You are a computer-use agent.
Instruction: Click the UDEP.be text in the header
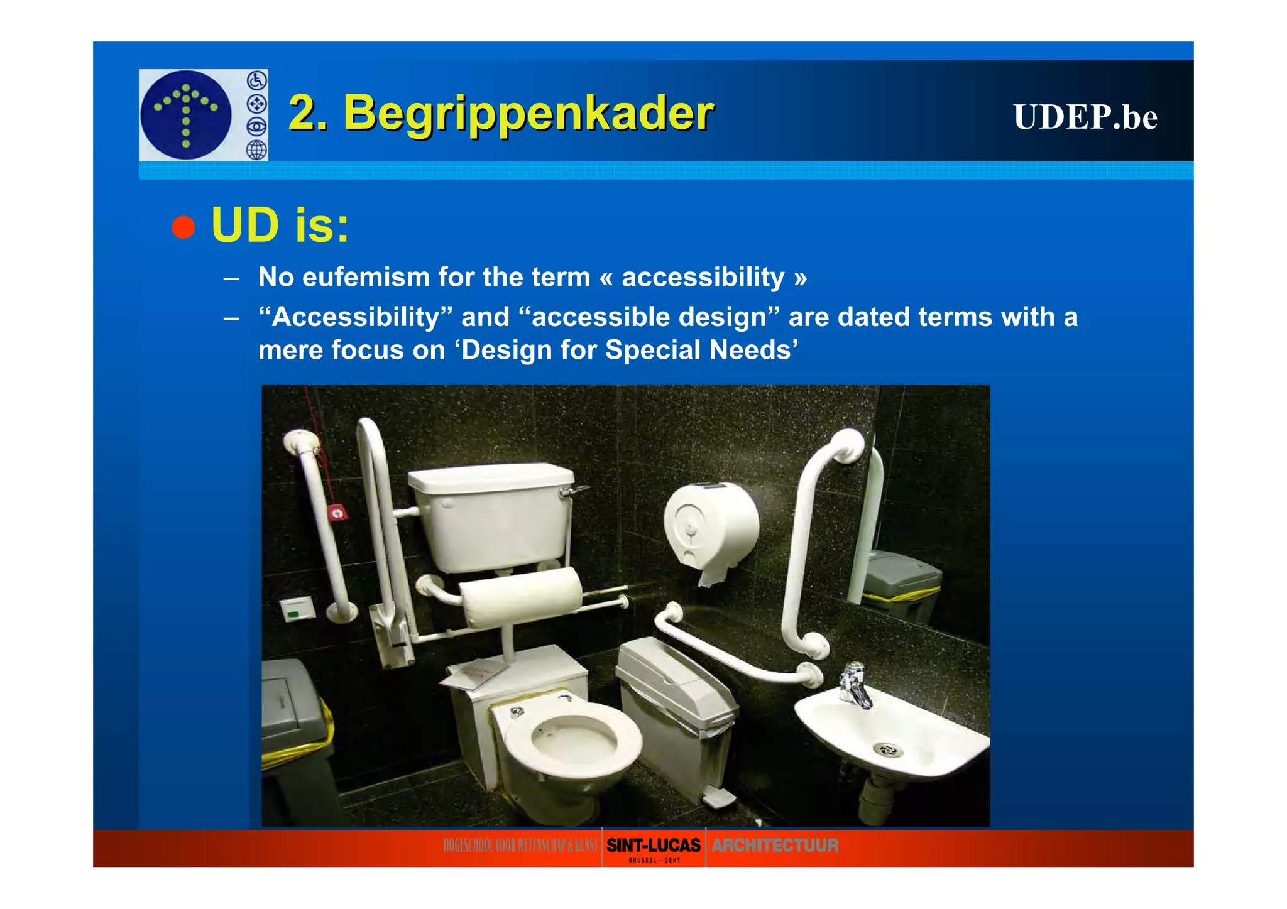(1085, 117)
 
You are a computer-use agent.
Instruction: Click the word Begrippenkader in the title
(528, 113)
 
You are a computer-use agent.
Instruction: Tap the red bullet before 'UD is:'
(183, 227)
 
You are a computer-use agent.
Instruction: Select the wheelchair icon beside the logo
(256, 80)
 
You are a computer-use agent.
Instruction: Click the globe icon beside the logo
(256, 150)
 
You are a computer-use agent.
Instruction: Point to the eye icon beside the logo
(256, 127)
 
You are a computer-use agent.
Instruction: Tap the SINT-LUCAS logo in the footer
(654, 846)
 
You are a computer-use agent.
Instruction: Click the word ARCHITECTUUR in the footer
(775, 846)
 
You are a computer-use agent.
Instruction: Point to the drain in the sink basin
(887, 749)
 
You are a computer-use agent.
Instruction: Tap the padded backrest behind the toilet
(522, 596)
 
